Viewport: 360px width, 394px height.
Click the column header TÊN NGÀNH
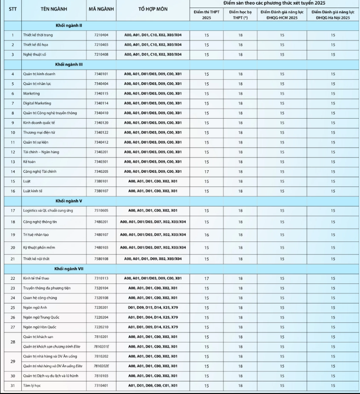(52, 10)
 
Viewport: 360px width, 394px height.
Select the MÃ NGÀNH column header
(101, 10)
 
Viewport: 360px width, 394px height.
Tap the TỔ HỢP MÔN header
(152, 10)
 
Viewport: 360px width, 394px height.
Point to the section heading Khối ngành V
(69, 201)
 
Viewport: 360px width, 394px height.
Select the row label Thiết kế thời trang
(38, 35)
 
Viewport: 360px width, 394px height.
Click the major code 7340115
(101, 93)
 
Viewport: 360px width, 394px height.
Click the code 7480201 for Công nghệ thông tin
(101, 222)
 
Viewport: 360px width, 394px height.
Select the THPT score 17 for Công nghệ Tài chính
(206, 171)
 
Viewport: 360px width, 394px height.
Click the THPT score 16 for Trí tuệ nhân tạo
(206, 234)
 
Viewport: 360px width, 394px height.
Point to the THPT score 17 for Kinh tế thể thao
(206, 278)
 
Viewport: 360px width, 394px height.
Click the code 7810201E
(102, 347)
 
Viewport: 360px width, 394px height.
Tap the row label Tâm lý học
(33, 385)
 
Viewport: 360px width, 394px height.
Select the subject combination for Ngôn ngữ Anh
(153, 308)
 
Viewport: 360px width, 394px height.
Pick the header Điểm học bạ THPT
(240, 14)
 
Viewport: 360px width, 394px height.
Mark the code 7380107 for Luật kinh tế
(101, 191)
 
